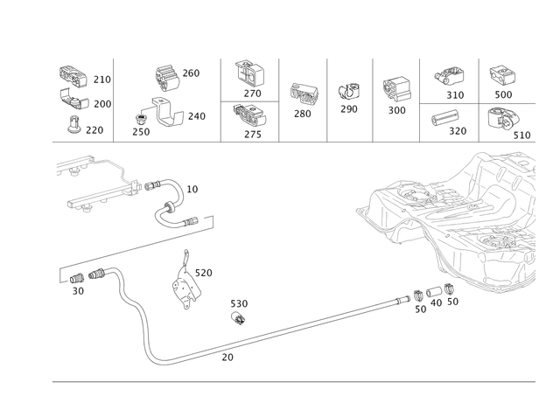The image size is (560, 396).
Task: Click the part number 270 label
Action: pyautogui.click(x=101, y=79)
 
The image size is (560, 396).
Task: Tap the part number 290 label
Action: pyautogui.click(x=98, y=131)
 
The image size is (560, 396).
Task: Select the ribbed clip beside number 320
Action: pyautogui.click(x=442, y=118)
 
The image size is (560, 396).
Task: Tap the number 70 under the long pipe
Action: pyautogui.click(x=229, y=357)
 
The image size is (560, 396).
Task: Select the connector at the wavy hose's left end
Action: pyautogui.click(x=79, y=280)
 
